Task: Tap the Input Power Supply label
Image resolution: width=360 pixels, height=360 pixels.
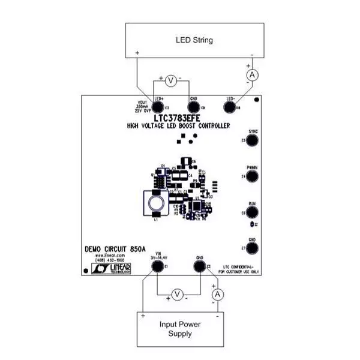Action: click(180, 329)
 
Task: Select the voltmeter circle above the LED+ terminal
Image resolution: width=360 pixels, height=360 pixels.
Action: click(170, 80)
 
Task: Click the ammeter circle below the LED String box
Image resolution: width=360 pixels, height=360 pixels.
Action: click(253, 73)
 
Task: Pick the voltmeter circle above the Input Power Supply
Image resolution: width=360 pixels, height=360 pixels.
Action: click(177, 293)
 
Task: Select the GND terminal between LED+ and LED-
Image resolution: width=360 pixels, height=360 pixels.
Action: click(193, 107)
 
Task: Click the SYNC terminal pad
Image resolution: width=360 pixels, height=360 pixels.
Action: click(253, 140)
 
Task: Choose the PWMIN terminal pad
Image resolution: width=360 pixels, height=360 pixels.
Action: click(253, 176)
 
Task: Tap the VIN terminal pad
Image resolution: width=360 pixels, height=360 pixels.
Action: click(158, 266)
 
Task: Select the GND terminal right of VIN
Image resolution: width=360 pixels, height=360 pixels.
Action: click(199, 266)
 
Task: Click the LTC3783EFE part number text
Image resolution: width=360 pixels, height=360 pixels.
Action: click(184, 118)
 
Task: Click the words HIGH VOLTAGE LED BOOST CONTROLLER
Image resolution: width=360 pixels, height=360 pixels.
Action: click(183, 126)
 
